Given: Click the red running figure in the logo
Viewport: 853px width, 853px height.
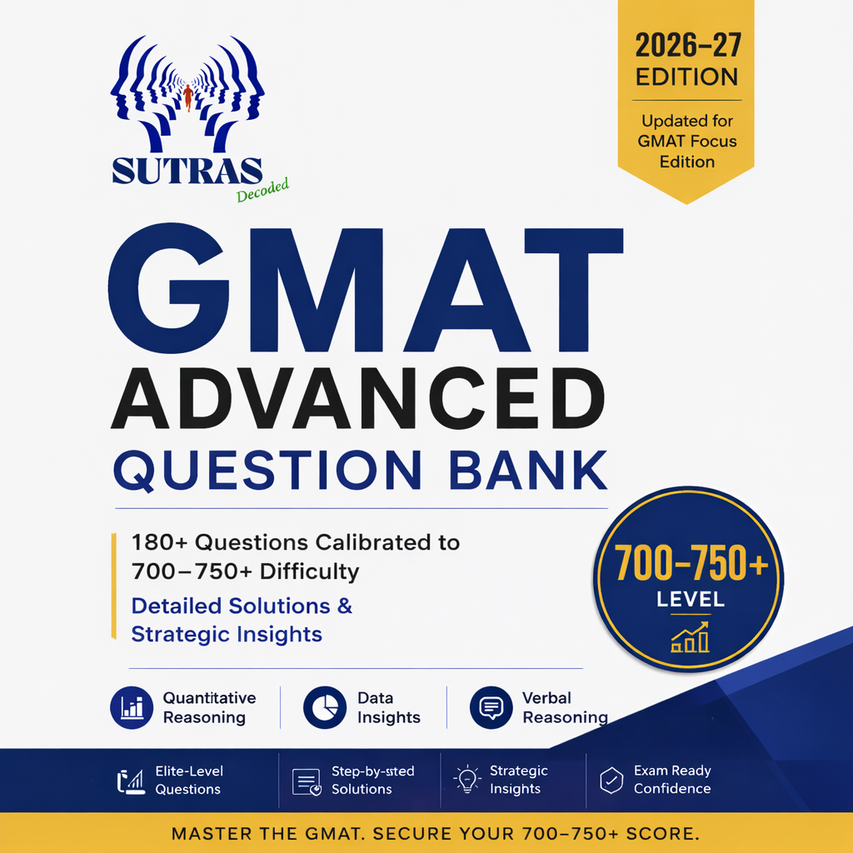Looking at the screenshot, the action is pyautogui.click(x=188, y=97).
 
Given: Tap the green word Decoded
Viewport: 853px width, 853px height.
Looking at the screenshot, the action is pyautogui.click(x=262, y=190).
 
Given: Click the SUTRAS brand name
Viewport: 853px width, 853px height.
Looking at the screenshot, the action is pyautogui.click(x=187, y=171).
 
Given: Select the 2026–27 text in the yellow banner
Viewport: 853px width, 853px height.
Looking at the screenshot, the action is pyautogui.click(x=687, y=45).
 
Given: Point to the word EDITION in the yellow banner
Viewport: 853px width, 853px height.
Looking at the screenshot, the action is pyautogui.click(x=687, y=77).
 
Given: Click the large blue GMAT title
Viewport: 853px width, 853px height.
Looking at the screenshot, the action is pyautogui.click(x=366, y=289).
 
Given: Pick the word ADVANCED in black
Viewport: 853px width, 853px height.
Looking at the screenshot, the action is pyautogui.click(x=357, y=399).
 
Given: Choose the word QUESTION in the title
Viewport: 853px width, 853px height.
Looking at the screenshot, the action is pyautogui.click(x=267, y=469).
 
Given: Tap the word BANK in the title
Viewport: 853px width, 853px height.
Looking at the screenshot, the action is pyautogui.click(x=528, y=469).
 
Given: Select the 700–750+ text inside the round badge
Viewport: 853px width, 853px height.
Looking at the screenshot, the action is pyautogui.click(x=691, y=564).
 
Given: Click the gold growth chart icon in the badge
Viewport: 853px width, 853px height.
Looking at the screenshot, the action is pyautogui.click(x=690, y=637).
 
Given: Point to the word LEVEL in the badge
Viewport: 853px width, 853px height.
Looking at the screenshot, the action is pyautogui.click(x=691, y=600).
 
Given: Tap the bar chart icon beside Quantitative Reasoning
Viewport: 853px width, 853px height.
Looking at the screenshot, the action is pyautogui.click(x=132, y=707).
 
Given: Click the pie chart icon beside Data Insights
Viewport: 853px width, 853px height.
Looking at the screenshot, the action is pyautogui.click(x=325, y=707).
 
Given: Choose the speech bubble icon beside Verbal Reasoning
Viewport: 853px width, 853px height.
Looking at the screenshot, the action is pyautogui.click(x=491, y=707).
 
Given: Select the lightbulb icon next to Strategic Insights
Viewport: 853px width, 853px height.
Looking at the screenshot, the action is pyautogui.click(x=467, y=780).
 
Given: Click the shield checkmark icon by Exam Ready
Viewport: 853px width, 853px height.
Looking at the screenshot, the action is pyautogui.click(x=611, y=780).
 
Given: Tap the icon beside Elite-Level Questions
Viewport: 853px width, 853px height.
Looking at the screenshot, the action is pyautogui.click(x=131, y=781).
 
